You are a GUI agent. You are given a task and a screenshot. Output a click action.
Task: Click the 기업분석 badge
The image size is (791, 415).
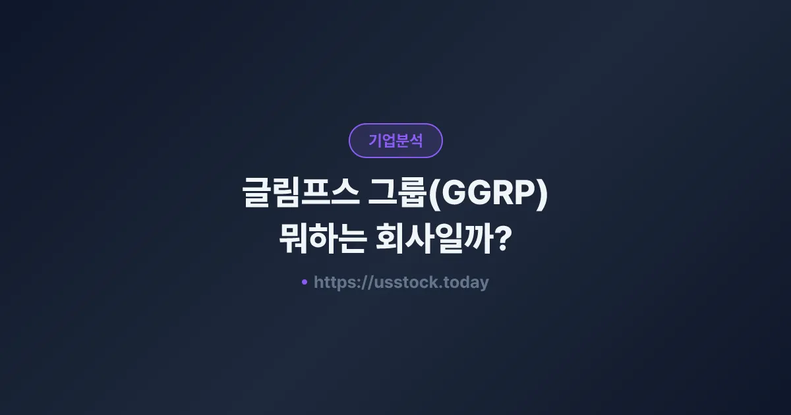point(395,140)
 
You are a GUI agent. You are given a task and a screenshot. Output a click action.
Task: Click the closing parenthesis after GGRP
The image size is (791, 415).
point(542,196)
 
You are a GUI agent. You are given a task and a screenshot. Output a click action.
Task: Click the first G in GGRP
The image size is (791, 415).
point(452,196)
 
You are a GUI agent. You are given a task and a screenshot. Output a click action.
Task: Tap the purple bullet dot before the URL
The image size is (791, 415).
point(305,282)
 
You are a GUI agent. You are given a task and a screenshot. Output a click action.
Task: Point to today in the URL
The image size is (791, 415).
point(467,283)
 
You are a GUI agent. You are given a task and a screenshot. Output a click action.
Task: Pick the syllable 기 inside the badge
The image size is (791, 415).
point(375,140)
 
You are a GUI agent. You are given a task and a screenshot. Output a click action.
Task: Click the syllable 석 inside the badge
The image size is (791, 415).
point(416,140)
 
